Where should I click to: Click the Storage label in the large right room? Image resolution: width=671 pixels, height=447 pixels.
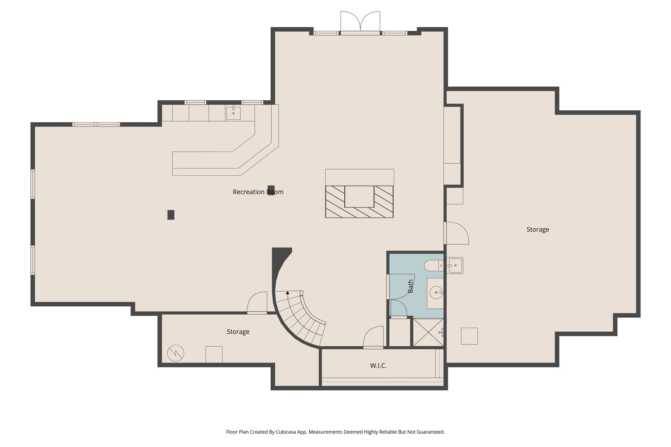(538, 230)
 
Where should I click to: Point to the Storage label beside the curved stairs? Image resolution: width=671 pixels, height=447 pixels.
(238, 332)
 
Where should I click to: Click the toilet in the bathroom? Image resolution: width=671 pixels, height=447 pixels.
(433, 266)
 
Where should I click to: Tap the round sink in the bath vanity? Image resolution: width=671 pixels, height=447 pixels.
(436, 293)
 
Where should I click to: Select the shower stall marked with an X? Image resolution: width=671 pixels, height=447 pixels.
(428, 333)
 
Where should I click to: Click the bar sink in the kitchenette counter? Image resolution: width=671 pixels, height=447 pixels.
(233, 113)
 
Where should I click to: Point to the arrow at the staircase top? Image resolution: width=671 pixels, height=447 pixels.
(287, 293)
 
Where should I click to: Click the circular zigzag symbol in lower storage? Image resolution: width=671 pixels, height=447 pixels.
(176, 353)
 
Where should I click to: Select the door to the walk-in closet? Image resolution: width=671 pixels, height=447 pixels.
(373, 338)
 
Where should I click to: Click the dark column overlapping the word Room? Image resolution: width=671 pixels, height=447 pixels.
(271, 190)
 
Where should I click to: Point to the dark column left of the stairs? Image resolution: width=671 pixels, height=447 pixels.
(171, 215)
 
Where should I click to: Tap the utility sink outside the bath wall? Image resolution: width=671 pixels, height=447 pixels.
(454, 265)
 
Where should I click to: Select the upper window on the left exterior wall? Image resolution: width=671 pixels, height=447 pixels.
(33, 184)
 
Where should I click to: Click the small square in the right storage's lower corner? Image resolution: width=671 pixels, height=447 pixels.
(469, 336)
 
